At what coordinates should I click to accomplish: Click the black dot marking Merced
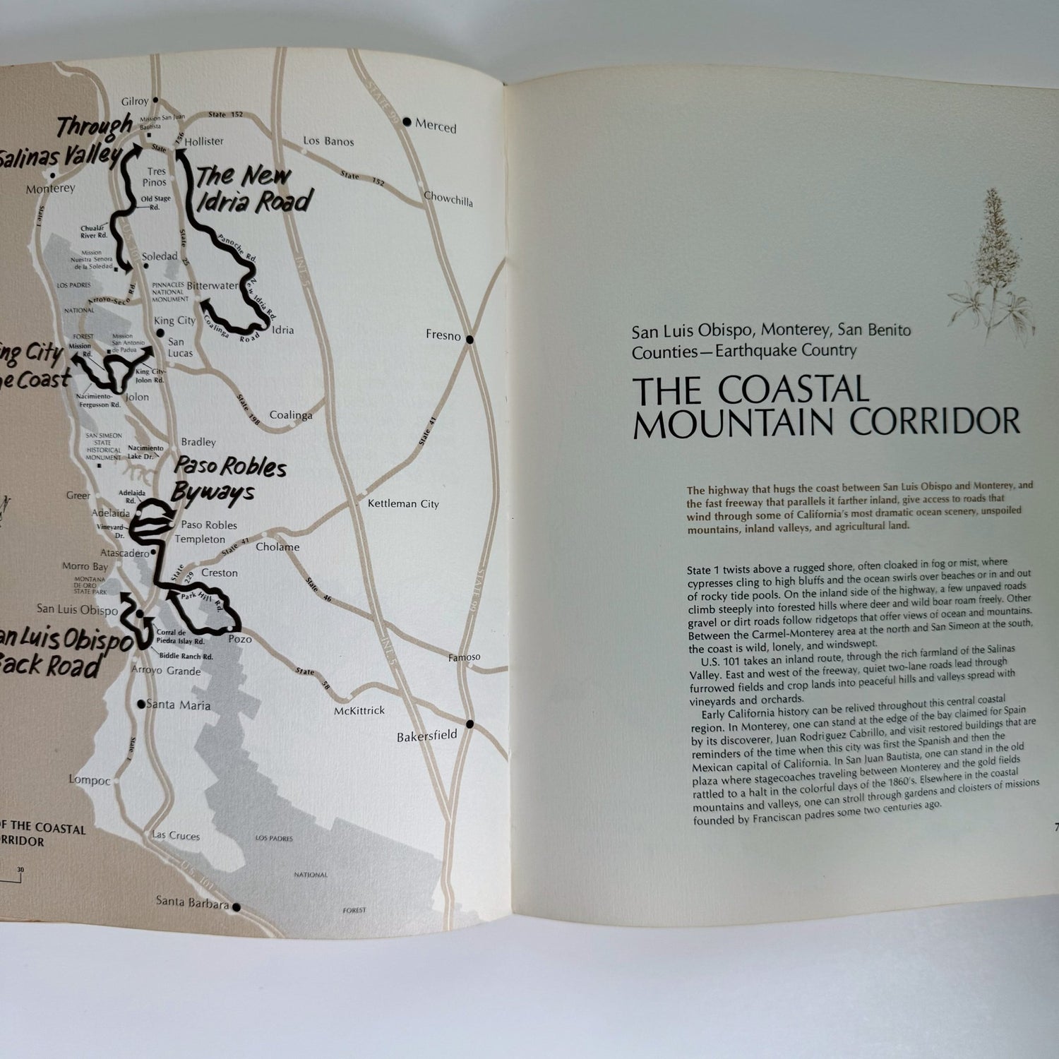407,122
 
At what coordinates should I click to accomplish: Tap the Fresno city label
443,336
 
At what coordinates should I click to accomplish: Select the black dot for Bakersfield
469,724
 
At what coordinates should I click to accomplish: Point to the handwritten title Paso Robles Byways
229,479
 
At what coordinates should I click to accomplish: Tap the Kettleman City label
403,503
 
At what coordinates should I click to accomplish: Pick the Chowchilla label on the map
448,199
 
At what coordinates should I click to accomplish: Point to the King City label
176,321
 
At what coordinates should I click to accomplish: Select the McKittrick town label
359,711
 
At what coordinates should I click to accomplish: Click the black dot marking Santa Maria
142,703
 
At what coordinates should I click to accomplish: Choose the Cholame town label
277,547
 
